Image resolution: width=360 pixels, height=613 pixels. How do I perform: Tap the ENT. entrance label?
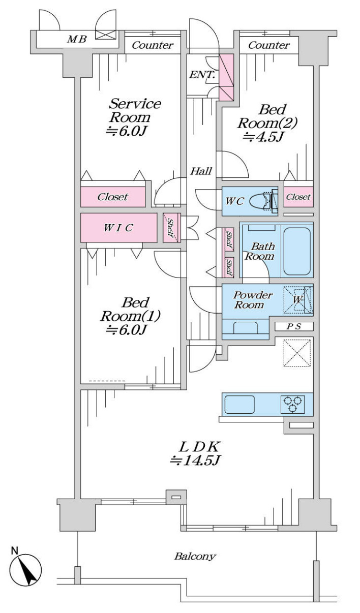coord(202,75)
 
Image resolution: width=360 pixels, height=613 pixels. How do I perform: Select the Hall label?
coord(201,171)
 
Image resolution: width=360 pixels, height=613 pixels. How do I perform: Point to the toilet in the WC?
coord(266,200)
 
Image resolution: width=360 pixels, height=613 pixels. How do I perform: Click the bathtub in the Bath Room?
coord(297,251)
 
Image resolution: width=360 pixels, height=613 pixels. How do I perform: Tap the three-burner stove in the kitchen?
coord(292,404)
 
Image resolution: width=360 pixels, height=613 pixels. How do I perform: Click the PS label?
coord(294,327)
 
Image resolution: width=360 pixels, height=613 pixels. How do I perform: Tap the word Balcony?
coord(195,556)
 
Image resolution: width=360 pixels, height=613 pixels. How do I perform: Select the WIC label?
coord(118,228)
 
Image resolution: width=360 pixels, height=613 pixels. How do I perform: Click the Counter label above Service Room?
coord(153,45)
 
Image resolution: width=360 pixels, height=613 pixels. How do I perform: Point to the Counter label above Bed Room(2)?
coord(269,45)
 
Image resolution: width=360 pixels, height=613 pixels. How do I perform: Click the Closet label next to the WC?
coord(298,197)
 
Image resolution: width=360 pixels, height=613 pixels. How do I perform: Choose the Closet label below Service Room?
coord(113,197)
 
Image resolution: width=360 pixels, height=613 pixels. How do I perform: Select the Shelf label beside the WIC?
coord(171,227)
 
